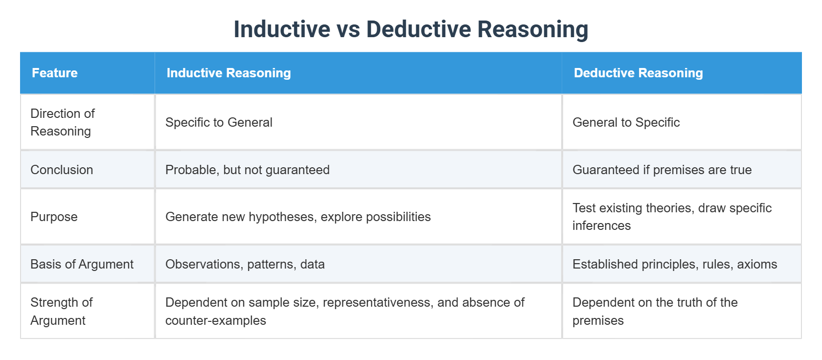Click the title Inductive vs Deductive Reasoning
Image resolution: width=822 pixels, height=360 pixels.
pyautogui.click(x=411, y=29)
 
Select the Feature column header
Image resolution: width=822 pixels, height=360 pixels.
pyautogui.click(x=55, y=73)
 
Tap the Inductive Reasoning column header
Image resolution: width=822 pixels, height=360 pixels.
pyautogui.click(x=228, y=73)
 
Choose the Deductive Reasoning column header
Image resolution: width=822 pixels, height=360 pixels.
pyautogui.click(x=638, y=73)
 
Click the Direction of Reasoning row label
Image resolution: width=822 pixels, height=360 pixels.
pyautogui.click(x=63, y=122)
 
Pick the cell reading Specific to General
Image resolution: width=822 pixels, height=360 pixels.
pyautogui.click(x=219, y=122)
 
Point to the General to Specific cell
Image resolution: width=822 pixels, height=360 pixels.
pyautogui.click(x=626, y=122)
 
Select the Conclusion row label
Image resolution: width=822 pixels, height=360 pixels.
pyautogui.click(x=62, y=170)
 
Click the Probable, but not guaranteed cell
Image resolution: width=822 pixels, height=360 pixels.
pyautogui.click(x=247, y=170)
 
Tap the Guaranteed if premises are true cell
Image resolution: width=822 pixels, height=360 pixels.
pyautogui.click(x=662, y=170)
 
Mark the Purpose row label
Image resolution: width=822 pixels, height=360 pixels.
pyautogui.click(x=54, y=217)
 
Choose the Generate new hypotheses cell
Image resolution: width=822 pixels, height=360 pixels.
pyautogui.click(x=298, y=217)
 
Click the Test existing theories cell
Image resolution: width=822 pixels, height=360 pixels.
pyautogui.click(x=672, y=217)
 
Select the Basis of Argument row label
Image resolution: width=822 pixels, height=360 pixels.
pyautogui.click(x=82, y=264)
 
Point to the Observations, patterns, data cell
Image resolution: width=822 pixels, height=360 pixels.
pyautogui.click(x=245, y=264)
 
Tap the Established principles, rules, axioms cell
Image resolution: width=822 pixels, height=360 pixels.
pyautogui.click(x=674, y=264)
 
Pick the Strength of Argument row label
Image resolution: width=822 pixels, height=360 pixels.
pyautogui.click(x=62, y=311)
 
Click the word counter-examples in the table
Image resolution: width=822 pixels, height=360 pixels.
pyautogui.click(x=216, y=320)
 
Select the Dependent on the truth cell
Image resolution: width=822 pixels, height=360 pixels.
pyautogui.click(x=655, y=311)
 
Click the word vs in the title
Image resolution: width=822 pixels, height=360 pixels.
pyautogui.click(x=348, y=29)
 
